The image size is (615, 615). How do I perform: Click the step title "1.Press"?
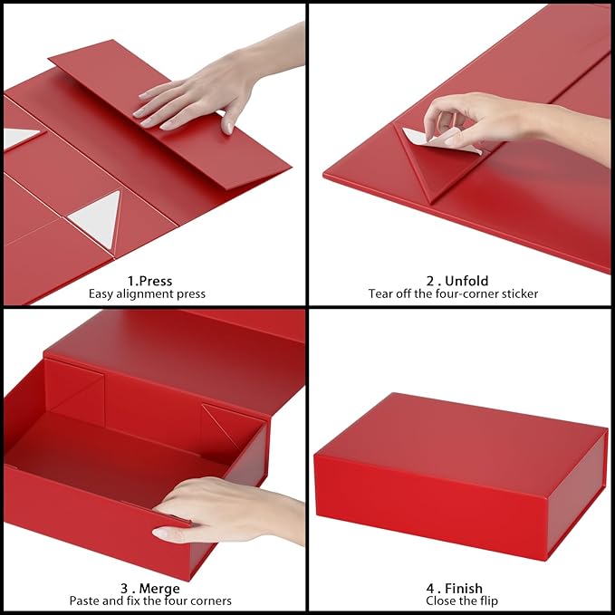(x=149, y=281)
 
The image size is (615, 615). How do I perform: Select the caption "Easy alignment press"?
(x=147, y=294)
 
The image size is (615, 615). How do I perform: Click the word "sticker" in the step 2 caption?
(x=518, y=294)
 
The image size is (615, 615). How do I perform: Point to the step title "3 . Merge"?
(x=149, y=588)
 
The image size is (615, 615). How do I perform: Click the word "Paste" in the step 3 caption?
(x=86, y=601)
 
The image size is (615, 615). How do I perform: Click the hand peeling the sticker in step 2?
(x=507, y=122)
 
